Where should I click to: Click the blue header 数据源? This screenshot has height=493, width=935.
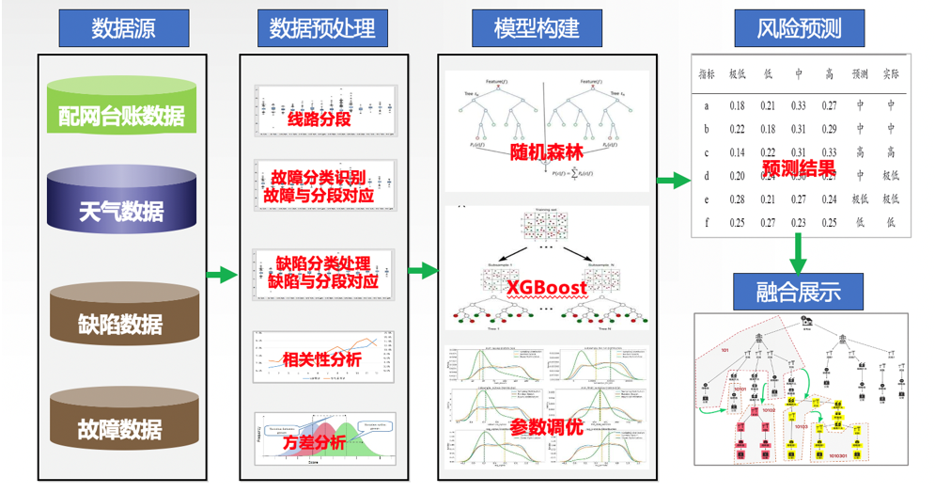point(123,28)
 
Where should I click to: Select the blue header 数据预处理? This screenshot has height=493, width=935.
point(322,28)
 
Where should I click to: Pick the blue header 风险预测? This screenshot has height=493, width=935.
point(798,28)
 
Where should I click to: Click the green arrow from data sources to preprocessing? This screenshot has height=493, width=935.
point(221,275)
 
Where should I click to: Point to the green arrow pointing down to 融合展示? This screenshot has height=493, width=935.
point(798,252)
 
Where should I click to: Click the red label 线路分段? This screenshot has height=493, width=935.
point(318,120)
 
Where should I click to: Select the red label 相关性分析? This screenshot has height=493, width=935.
point(321,358)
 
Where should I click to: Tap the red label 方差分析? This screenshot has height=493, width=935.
point(314,442)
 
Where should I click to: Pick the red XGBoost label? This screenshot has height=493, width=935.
point(546,287)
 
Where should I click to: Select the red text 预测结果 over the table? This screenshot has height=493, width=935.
point(799,170)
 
